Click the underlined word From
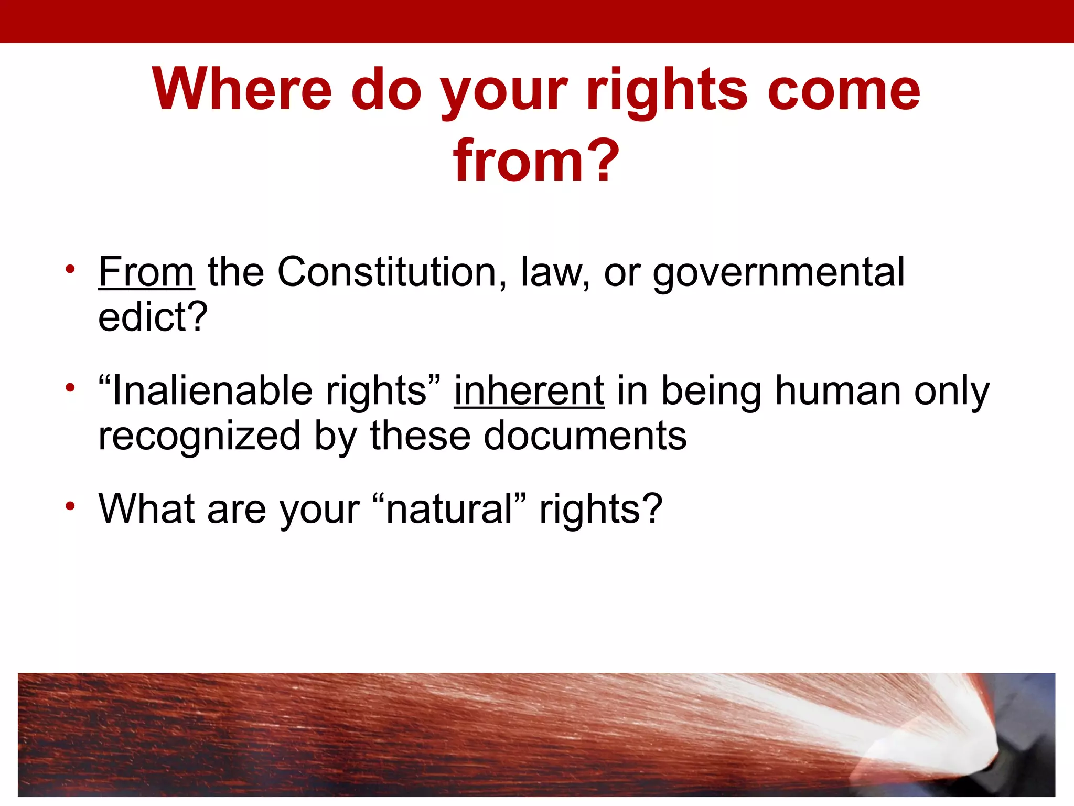146,272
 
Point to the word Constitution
388,272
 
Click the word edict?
153,317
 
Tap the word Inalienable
212,391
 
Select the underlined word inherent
529,391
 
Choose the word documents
585,436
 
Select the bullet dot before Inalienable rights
70,389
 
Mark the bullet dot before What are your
70,506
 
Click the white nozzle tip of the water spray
981,745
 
